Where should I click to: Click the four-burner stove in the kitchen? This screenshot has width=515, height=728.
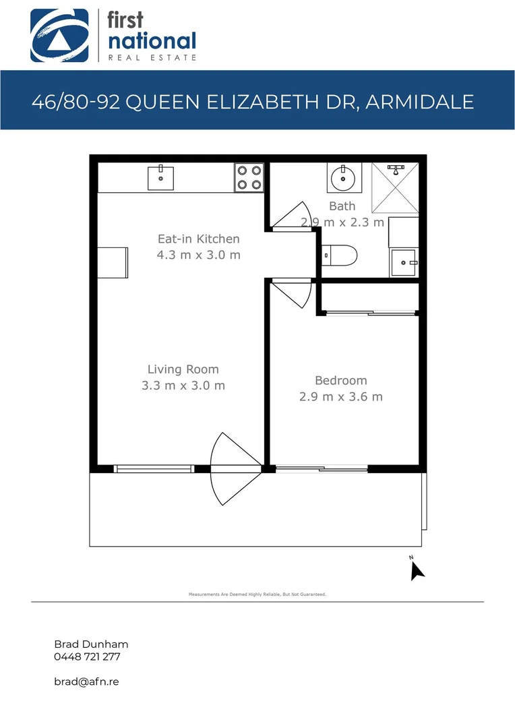pos(249,177)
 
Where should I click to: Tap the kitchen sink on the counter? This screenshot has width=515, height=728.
pos(161,177)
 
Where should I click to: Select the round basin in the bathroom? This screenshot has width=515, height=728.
pos(344,178)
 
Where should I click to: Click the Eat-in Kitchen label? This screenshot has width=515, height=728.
pos(198,239)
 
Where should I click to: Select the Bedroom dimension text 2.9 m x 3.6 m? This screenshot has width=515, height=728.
pos(340,397)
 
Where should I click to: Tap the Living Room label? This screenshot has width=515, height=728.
pos(183,369)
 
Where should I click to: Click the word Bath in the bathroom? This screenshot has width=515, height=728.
pos(342,206)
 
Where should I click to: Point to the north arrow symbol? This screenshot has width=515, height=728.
pos(417,570)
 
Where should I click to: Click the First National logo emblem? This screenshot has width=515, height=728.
pos(59,35)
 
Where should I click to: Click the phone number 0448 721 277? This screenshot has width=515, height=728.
pos(87,657)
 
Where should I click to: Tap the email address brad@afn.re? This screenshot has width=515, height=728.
pos(86,681)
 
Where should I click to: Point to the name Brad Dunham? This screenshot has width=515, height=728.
pos(90,644)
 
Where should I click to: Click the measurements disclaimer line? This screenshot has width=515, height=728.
pos(257,595)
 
